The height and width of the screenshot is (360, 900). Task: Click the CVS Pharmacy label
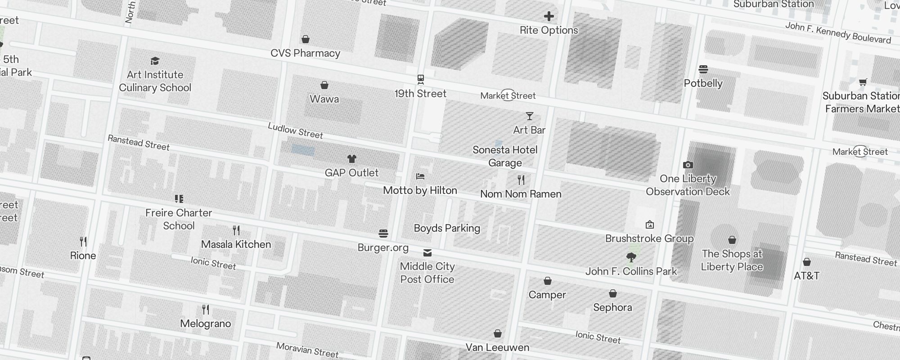point(305,53)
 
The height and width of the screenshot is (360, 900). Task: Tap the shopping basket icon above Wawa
point(324,85)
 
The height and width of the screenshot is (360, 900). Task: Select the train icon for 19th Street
point(421,80)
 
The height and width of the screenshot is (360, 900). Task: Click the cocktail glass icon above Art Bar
point(530,117)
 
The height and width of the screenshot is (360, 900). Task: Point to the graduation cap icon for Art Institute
point(155,61)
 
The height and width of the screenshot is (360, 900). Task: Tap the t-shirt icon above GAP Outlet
point(352,159)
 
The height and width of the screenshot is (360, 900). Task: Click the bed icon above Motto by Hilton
point(420,176)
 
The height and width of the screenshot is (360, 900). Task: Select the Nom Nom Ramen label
point(521,194)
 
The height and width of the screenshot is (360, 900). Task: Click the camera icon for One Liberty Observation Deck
point(688,165)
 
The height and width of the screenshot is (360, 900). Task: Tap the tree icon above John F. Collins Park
point(631,257)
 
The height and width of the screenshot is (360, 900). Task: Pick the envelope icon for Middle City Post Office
point(427,253)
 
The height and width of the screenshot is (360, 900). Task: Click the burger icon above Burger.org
point(383,234)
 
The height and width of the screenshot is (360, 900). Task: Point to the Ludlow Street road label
point(295,130)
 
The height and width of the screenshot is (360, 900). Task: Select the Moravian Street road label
point(307,350)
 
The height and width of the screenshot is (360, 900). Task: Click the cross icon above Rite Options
point(549,17)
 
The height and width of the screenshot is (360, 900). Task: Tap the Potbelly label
point(703,83)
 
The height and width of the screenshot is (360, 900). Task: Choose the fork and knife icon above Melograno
point(206,310)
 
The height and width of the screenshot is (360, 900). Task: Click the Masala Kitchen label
point(236,244)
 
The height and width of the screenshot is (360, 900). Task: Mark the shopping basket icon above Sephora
point(612,294)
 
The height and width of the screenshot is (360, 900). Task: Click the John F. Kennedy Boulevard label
point(838,33)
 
